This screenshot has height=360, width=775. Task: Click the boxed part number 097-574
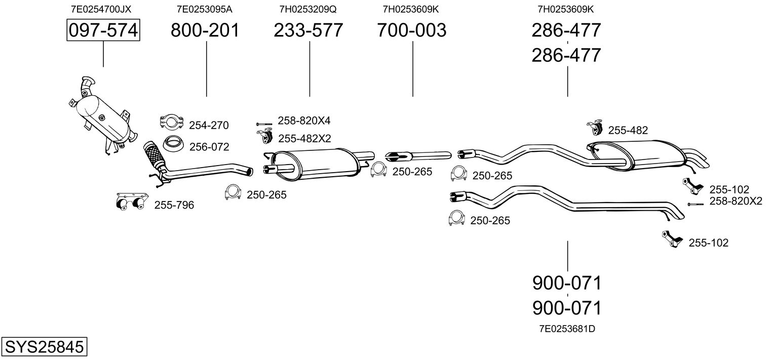pyautogui.click(x=103, y=30)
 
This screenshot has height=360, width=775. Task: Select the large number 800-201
pyautogui.click(x=205, y=30)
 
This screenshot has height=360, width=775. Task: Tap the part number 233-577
pyautogui.click(x=308, y=30)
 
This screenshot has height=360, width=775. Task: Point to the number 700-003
pyautogui.click(x=412, y=30)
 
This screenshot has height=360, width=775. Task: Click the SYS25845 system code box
pyautogui.click(x=44, y=348)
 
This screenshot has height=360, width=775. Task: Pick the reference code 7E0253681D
pyautogui.click(x=567, y=329)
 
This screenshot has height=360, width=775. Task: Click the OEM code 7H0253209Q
pyautogui.click(x=308, y=9)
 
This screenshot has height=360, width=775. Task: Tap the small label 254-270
pyautogui.click(x=209, y=126)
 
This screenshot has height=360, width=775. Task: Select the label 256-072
pyautogui.click(x=209, y=147)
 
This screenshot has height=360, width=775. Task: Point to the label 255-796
pyautogui.click(x=174, y=205)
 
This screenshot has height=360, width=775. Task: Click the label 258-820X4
pyautogui.click(x=304, y=121)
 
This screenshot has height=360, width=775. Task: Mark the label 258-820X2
pyautogui.click(x=735, y=201)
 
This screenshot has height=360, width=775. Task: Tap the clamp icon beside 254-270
pyautogui.click(x=171, y=122)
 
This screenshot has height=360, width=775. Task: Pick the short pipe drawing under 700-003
pyautogui.click(x=418, y=154)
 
